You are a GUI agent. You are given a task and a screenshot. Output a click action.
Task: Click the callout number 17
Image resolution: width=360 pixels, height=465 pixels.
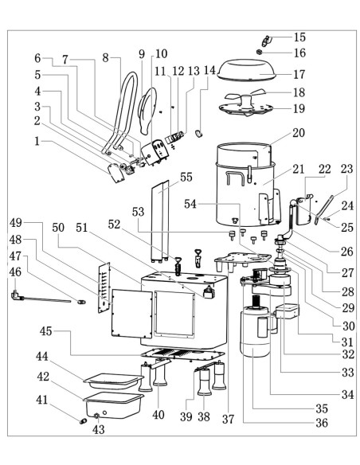(x=299, y=74)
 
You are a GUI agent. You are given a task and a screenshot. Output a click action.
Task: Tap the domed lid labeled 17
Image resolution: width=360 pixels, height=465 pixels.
(x=246, y=70)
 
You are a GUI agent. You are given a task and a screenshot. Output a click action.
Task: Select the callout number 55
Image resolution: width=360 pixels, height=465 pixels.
(x=186, y=177)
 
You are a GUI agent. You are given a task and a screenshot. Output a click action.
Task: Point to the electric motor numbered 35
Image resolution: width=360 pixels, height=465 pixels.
(x=256, y=332)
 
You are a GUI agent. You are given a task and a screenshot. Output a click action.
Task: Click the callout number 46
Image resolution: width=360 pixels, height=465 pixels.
(x=16, y=272)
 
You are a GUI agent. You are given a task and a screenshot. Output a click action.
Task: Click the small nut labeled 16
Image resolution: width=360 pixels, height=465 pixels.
(x=259, y=53)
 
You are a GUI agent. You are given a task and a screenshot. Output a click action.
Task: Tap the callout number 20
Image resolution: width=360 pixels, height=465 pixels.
(x=299, y=132)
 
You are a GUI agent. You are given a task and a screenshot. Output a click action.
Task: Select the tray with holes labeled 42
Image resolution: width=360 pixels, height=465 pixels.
(x=114, y=405)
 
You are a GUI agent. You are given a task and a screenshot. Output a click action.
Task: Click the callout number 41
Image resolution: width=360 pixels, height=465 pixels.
(x=41, y=400)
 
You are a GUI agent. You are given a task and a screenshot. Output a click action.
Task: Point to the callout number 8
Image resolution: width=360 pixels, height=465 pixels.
(x=106, y=58)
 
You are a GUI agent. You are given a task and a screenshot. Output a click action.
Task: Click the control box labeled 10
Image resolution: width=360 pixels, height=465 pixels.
(x=155, y=152)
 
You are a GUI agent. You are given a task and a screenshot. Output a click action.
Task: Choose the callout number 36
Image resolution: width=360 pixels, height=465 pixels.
(x=322, y=423)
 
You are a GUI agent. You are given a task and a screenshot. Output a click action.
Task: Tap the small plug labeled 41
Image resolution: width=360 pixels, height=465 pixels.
(x=84, y=421)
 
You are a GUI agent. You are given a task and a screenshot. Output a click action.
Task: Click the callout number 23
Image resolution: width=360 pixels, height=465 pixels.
(x=346, y=169)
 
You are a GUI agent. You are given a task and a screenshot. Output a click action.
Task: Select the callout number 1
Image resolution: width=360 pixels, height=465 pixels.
(x=37, y=141)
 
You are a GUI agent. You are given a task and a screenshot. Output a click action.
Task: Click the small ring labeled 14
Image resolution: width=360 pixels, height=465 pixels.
(x=199, y=133)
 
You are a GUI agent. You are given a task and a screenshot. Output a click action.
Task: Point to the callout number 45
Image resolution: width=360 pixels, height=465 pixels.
(x=46, y=331)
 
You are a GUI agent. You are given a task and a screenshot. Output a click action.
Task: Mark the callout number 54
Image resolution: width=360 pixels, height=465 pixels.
(x=190, y=204)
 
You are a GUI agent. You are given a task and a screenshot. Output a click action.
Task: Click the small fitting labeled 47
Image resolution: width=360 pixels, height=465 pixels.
(x=81, y=302)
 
